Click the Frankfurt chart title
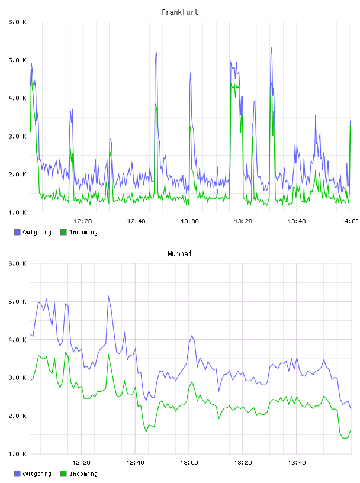point(180,12)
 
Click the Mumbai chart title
point(179,254)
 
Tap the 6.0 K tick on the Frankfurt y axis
point(18,22)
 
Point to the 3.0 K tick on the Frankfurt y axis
point(18,137)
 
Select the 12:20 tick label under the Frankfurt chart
point(83,221)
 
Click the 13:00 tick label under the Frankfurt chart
point(189,221)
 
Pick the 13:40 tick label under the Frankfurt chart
point(297,221)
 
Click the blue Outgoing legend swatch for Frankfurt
point(17,232)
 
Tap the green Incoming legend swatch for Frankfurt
point(63,232)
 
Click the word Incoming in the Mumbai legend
point(83,474)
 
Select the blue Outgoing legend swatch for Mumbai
point(17,474)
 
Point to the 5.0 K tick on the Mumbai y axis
point(18,301)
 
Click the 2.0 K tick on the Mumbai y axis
point(18,416)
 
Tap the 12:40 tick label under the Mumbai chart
point(135,462)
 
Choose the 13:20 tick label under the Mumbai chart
point(243,462)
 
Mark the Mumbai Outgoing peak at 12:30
point(108,296)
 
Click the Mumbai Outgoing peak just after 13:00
point(192,336)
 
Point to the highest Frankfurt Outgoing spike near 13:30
point(271,47)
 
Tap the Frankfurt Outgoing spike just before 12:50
point(156,51)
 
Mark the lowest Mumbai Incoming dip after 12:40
point(146,432)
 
